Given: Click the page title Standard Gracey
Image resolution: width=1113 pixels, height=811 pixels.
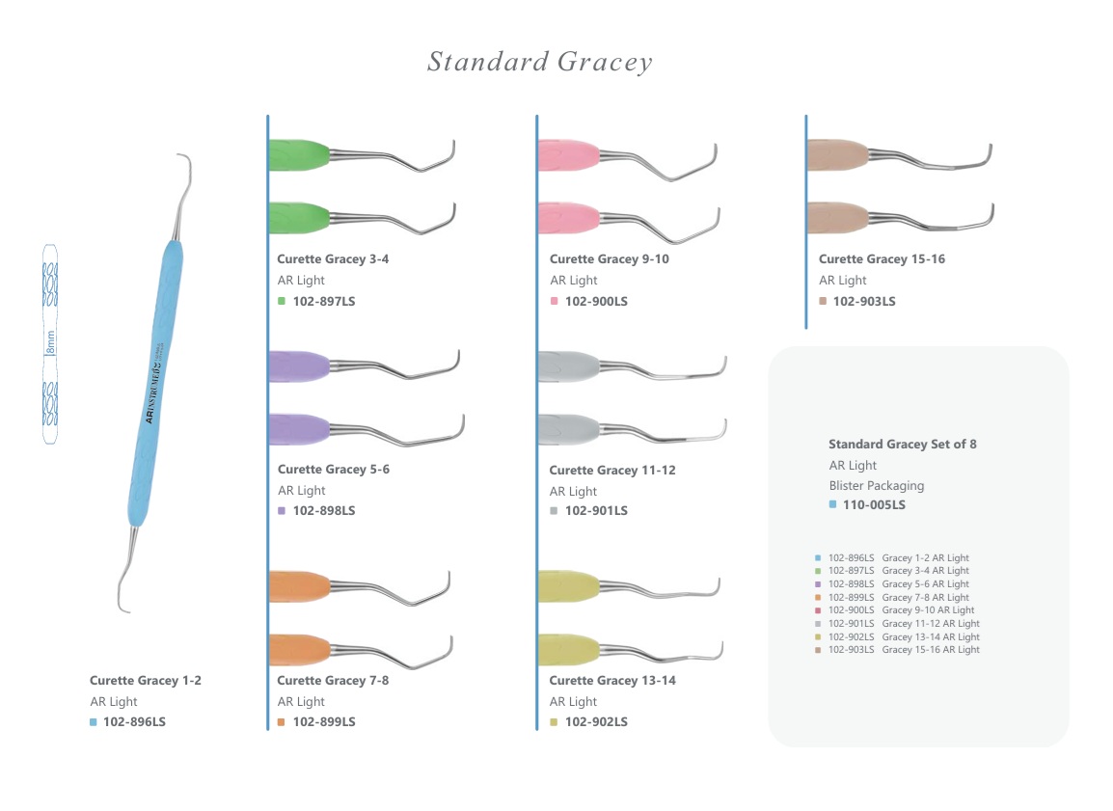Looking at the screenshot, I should (x=540, y=63).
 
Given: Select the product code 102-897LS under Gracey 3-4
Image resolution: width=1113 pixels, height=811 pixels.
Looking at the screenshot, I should (x=324, y=301).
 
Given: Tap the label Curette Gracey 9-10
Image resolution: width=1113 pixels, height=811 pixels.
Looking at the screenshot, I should (x=609, y=259).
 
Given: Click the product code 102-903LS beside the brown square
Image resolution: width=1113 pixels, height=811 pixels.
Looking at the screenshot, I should (x=864, y=301).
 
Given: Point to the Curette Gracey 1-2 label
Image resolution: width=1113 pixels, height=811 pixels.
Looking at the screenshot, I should (x=146, y=680).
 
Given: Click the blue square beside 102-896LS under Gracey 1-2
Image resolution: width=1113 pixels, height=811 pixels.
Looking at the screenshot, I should (x=94, y=721).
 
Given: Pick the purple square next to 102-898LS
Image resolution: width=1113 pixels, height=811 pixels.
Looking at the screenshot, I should (x=282, y=510).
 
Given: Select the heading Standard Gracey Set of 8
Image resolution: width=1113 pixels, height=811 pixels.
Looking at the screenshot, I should (x=903, y=445).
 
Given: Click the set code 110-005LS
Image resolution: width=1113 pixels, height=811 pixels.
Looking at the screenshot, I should (x=874, y=504).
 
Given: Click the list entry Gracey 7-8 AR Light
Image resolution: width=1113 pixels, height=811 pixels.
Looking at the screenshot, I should (x=926, y=597).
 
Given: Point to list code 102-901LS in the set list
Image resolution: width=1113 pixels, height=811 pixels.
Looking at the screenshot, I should (x=851, y=624).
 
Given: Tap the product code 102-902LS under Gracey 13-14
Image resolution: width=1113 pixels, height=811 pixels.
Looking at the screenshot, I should (x=596, y=721).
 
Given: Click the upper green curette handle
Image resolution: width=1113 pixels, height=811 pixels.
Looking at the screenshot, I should (x=299, y=154).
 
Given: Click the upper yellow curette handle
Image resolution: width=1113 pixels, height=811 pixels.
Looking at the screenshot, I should (x=569, y=586).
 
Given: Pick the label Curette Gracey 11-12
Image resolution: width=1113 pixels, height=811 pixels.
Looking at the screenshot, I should (x=612, y=470).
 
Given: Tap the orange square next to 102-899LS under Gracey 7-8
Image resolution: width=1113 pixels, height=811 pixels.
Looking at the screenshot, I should (x=282, y=721).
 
